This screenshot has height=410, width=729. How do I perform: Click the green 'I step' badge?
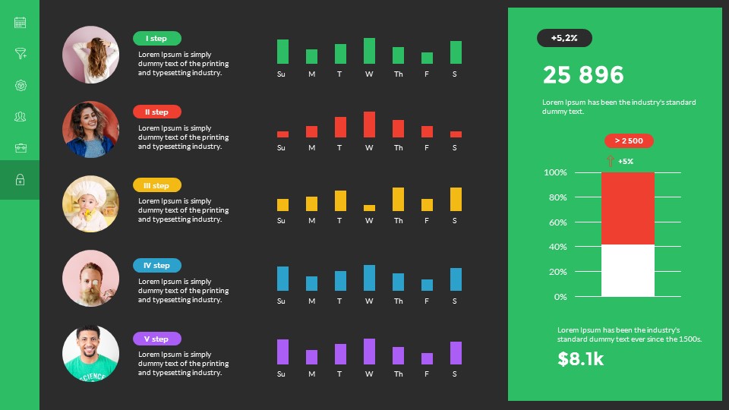pyautogui.click(x=157, y=39)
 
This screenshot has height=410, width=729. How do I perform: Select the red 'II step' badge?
pyautogui.click(x=157, y=112)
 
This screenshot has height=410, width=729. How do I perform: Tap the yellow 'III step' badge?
pyautogui.click(x=157, y=185)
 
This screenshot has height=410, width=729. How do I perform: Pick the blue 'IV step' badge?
pyautogui.click(x=157, y=266)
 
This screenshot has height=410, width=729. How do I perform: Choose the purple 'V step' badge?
pyautogui.click(x=157, y=339)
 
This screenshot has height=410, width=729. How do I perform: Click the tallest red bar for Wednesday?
pyautogui.click(x=369, y=125)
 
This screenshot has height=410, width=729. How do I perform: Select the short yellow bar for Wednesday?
pyautogui.click(x=369, y=208)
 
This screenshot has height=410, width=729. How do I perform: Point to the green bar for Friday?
pyautogui.click(x=427, y=58)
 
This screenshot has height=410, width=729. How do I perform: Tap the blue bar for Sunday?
pyautogui.click(x=282, y=279)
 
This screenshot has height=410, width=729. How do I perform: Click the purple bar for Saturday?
pyautogui.click(x=456, y=353)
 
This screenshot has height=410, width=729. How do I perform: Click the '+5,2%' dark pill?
pyautogui.click(x=564, y=38)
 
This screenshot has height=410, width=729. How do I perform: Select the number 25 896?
pyautogui.click(x=583, y=75)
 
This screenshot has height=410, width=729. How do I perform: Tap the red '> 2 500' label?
pyautogui.click(x=629, y=140)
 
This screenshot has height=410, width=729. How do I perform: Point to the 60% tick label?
pyautogui.click(x=557, y=222)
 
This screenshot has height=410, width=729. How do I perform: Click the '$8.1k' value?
pyautogui.click(x=581, y=359)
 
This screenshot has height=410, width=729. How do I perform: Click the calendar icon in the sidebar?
pyautogui.click(x=21, y=23)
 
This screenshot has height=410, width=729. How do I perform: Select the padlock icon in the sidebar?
pyautogui.click(x=21, y=180)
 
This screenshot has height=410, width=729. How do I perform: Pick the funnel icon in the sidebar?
pyautogui.click(x=21, y=54)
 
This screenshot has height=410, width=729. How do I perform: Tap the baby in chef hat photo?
pyautogui.click(x=90, y=204)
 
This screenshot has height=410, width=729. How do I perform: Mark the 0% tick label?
pyautogui.click(x=560, y=297)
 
